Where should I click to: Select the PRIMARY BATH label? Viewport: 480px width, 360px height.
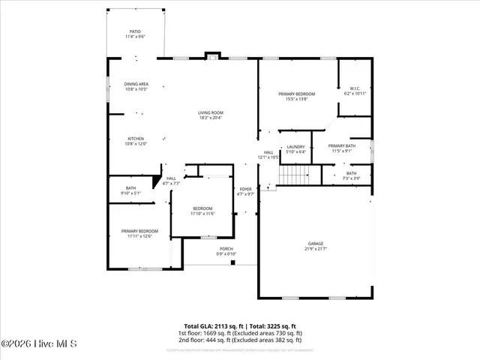point(341,148)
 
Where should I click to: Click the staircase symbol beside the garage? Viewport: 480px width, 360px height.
point(294,175)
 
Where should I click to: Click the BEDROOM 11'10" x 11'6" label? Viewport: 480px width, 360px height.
point(202,211)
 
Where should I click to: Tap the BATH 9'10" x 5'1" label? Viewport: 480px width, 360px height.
point(130,190)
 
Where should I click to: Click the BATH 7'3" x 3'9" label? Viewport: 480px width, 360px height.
point(351,175)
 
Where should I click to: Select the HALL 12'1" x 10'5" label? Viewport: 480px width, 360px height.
point(268,155)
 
